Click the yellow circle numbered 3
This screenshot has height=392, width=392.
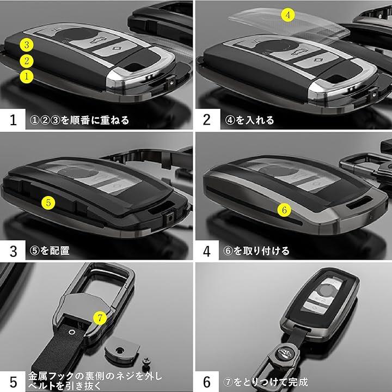pyautogui.click(x=27, y=45)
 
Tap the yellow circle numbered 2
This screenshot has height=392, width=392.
pyautogui.click(x=27, y=61)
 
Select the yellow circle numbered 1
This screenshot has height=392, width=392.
pyautogui.click(x=27, y=77)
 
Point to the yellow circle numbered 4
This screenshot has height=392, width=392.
pyautogui.click(x=288, y=15)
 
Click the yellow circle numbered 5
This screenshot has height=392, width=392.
pyautogui.click(x=48, y=203)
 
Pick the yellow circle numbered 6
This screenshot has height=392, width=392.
pyautogui.click(x=284, y=210)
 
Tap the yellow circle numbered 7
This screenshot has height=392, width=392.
pyautogui.click(x=100, y=318)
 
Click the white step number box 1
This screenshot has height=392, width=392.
pyautogui.click(x=13, y=119)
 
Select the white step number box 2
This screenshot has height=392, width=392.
pyautogui.click(x=207, y=119)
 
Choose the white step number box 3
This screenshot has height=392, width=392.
pyautogui.click(x=13, y=250)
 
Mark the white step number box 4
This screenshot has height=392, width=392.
pyautogui.click(x=207, y=250)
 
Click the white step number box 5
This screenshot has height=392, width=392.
pyautogui.click(x=13, y=382)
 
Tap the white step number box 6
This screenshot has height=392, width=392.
pyautogui.click(x=207, y=382)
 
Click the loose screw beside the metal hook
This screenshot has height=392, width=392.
pyautogui.click(x=146, y=364)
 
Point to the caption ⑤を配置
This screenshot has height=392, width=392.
pyautogui.click(x=50, y=250)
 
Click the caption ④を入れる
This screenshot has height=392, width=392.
pyautogui.click(x=249, y=120)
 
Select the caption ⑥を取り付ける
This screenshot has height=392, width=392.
pyautogui.click(x=256, y=251)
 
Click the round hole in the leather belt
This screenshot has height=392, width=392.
pyautogui.click(x=72, y=332)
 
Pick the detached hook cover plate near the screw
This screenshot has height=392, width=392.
pyautogui.click(x=121, y=348)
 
